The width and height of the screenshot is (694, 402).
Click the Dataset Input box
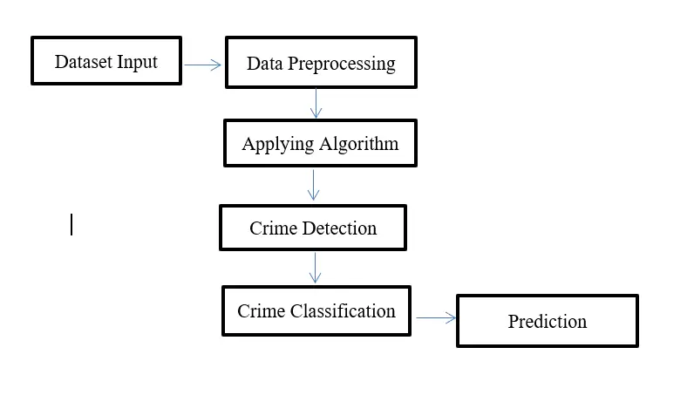pos(105,61)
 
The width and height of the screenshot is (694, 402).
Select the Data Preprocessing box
pos(321,63)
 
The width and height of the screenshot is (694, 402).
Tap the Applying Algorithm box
pos(320,144)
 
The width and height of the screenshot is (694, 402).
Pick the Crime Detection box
pos(313,228)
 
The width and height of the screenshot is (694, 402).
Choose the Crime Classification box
pos(316,311)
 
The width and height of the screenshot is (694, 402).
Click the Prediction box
pos(548,321)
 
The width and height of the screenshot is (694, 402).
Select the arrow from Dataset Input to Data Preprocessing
pos(203,65)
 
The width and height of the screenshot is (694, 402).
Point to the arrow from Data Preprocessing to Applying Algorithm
pos(316,103)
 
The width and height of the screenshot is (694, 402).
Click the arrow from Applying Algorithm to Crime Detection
pos(314,184)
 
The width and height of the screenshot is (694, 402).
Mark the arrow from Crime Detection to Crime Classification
pos(315,267)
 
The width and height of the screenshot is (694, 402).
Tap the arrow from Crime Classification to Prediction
pos(436,318)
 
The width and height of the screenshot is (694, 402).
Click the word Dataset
pos(83,62)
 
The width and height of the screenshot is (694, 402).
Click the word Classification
pos(343,311)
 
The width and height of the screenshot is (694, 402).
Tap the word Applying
pos(275,145)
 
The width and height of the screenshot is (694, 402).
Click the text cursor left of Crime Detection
pos(71,225)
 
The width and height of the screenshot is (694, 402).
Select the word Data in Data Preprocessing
pos(264,64)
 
